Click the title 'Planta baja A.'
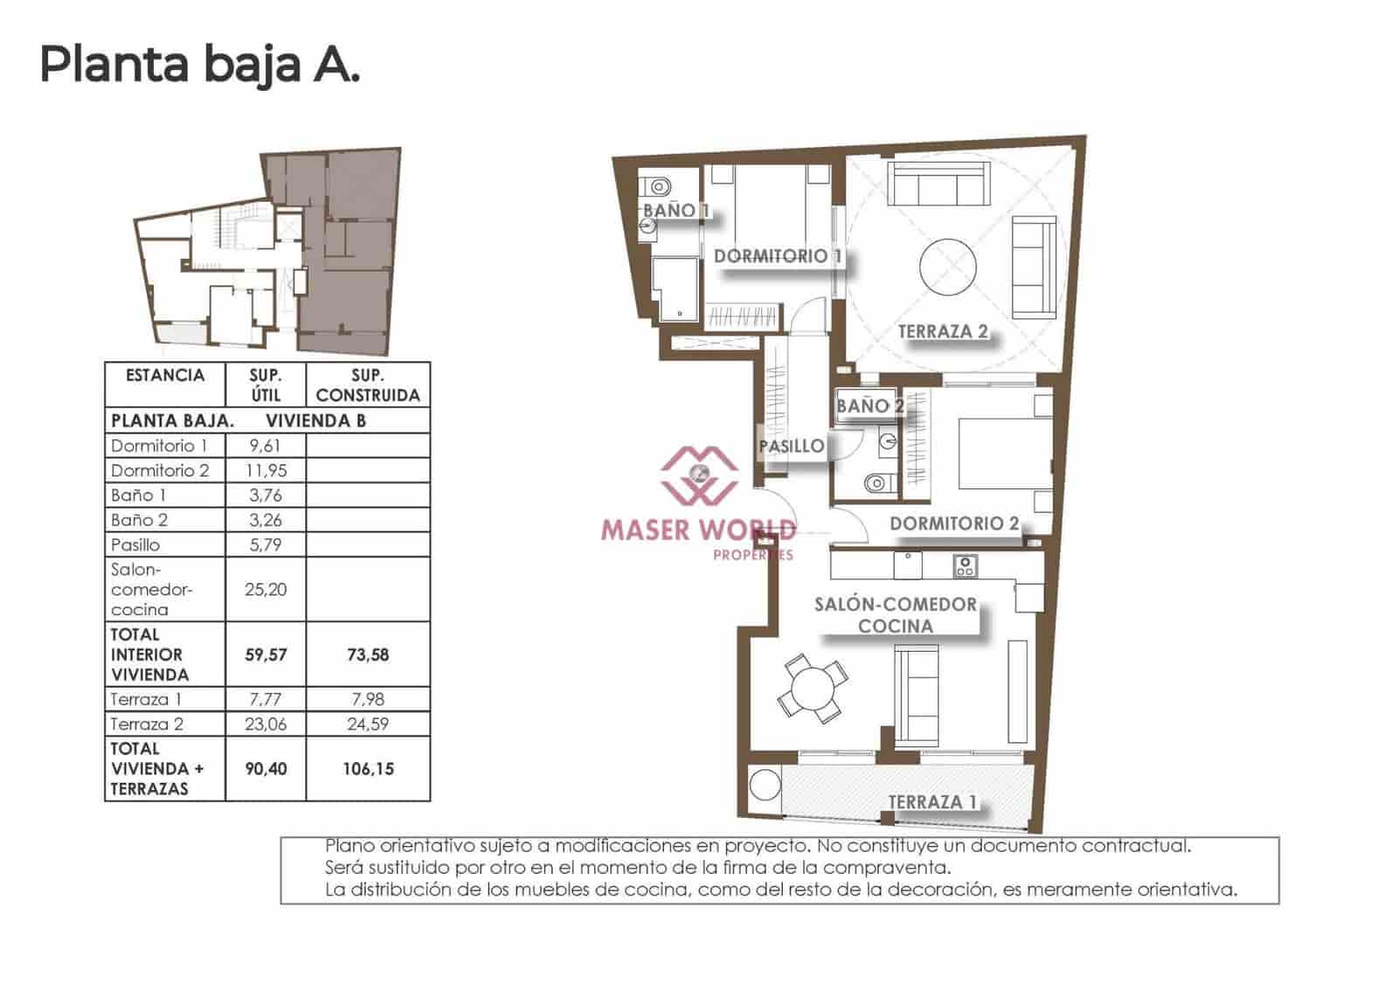199,65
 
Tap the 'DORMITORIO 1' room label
778,256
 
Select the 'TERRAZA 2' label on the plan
943,331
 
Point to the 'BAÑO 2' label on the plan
869,405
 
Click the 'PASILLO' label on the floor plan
791,447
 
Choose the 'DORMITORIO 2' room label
953,523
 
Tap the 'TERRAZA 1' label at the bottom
932,801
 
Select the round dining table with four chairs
813,689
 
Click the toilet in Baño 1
660,186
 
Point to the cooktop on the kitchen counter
965,566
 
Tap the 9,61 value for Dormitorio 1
266,446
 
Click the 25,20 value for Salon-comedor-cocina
266,589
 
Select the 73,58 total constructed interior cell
368,655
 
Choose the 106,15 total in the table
368,769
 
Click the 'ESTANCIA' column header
164,376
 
